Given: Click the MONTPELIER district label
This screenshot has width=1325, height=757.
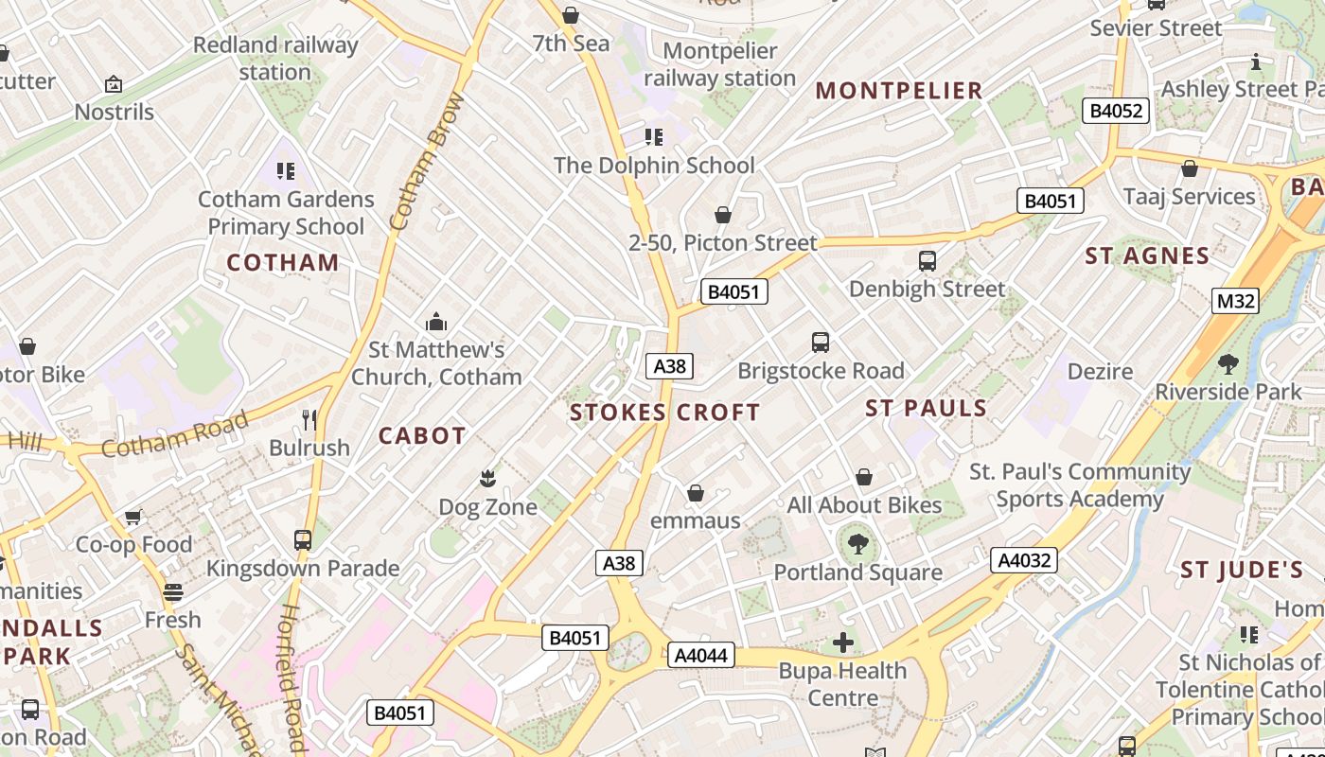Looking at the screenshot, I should pos(899,91).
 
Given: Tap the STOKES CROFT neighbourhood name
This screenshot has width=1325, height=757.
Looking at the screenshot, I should pos(664,413).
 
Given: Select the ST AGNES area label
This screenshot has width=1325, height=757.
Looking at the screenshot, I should pos(1147,255).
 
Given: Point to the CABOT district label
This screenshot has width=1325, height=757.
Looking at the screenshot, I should pos(422,436).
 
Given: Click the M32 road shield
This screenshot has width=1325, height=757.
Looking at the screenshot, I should pos(1236,301).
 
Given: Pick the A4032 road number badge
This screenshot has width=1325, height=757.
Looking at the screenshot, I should pos(1025,560).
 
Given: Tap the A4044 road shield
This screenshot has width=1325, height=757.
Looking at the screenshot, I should pos(700,655).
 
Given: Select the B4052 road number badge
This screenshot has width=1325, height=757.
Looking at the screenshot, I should pos(1116,111).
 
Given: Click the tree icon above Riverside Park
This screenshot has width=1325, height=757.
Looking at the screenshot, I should pos(1228,363).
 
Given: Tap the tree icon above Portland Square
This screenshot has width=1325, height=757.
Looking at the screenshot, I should pos(857,544).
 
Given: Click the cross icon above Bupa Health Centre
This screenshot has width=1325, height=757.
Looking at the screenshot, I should pos(842,643).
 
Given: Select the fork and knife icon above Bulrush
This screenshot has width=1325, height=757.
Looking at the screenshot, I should pos(309,419).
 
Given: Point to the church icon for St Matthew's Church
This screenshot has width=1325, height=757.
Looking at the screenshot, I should pos(435,322).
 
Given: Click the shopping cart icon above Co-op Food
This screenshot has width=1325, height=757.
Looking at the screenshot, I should pos(133,517).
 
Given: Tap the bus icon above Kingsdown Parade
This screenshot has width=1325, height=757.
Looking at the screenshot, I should pos(303,540).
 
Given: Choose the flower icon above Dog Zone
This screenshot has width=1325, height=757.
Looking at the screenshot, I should pos(487,478).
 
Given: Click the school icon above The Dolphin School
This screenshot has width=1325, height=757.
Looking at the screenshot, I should pos(654,137).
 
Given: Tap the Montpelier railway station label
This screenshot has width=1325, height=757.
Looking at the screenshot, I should pos(719,64).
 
